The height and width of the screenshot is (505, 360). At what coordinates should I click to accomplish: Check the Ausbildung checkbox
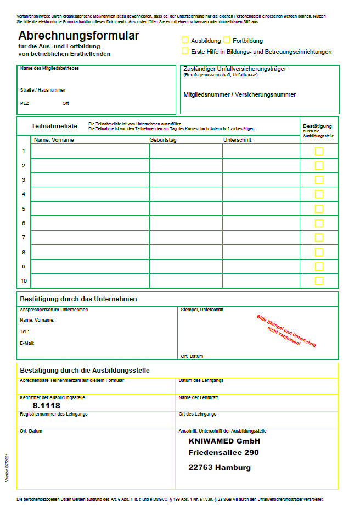click(185, 40)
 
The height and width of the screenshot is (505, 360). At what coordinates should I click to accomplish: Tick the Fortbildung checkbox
click(227, 40)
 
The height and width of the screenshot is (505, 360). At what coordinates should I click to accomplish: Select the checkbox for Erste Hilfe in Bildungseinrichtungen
click(185, 51)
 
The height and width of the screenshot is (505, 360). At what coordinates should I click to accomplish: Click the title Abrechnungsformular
click(78, 36)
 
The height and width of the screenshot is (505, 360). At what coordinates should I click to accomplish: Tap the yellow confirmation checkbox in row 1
click(319, 151)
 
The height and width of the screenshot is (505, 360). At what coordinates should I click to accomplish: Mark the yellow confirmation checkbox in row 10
click(319, 280)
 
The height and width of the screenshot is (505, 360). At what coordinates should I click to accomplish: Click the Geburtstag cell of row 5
click(185, 209)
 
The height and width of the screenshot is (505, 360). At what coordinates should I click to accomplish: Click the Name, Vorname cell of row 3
click(90, 179)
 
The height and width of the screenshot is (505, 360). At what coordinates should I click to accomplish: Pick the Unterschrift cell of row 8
click(261, 252)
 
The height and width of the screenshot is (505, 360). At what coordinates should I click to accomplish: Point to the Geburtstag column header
click(163, 140)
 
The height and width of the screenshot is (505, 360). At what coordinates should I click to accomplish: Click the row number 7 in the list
click(24, 238)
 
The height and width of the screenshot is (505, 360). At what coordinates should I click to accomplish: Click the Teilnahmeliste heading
click(54, 126)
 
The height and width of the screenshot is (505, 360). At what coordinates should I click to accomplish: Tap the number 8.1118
click(47, 406)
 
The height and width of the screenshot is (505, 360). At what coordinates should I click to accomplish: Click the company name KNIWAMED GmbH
click(224, 441)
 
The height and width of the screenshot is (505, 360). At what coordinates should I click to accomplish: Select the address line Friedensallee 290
click(223, 453)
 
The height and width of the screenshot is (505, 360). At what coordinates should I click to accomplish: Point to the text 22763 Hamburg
click(220, 468)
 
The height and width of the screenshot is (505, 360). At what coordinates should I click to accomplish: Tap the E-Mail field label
click(27, 343)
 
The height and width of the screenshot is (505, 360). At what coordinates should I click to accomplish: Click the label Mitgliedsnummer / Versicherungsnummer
click(240, 94)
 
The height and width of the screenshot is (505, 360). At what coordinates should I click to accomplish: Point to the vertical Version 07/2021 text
click(7, 468)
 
